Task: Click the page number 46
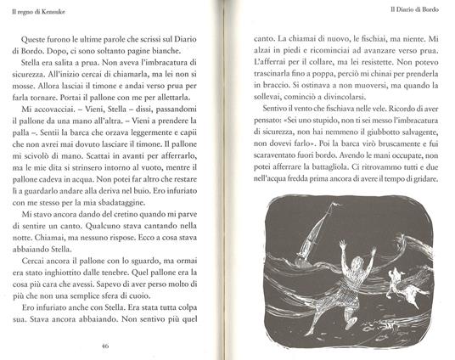click(x=104, y=346)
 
